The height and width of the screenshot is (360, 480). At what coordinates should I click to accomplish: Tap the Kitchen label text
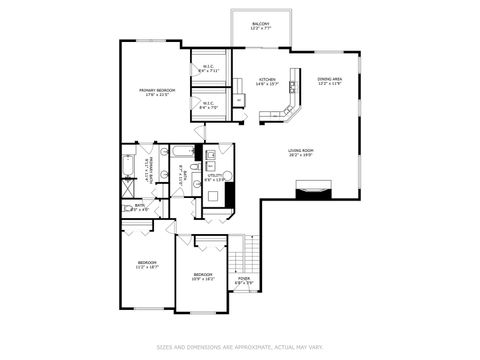267,82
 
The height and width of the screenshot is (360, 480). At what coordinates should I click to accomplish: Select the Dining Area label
330,81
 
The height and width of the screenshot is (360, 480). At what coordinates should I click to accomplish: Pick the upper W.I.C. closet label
209,69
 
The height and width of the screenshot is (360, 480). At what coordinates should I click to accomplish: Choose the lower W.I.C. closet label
209,103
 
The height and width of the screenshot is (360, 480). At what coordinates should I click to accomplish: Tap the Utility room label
215,178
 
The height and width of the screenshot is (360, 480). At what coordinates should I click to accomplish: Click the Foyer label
243,282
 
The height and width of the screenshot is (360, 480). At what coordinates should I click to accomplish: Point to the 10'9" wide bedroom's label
202,276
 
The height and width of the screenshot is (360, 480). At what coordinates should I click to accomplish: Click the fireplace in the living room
312,187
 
